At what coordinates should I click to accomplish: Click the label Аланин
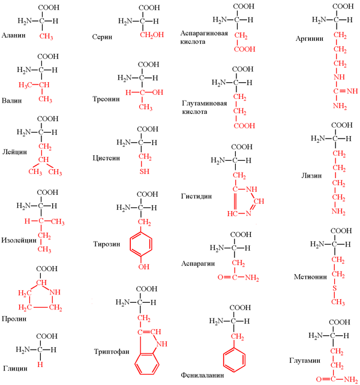(14, 35)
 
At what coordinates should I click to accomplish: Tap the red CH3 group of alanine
(46, 37)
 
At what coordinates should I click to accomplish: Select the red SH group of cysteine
(145, 171)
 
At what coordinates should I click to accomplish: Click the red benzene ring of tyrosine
(141, 245)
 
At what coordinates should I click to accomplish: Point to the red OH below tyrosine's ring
(144, 266)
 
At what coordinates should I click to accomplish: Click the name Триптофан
(112, 351)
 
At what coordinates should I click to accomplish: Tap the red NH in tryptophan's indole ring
(161, 344)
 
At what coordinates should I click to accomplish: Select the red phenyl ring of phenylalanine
(234, 360)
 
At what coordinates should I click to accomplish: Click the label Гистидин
(196, 196)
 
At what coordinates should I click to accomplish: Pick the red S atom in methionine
(334, 288)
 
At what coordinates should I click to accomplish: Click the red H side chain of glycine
(40, 365)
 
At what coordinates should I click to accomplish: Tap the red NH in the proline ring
(55, 292)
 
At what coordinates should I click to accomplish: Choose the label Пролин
(14, 318)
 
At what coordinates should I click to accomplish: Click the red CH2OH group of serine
(152, 35)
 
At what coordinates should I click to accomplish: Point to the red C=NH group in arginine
(346, 91)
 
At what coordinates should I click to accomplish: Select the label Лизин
(311, 176)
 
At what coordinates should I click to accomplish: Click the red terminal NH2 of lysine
(338, 212)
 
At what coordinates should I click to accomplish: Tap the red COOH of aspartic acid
(245, 49)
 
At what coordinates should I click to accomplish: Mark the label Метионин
(310, 277)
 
